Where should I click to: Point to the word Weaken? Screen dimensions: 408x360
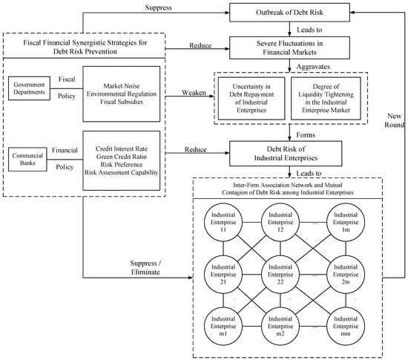[194, 92]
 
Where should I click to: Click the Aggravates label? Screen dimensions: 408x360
[313, 67]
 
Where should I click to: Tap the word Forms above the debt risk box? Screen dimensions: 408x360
[306, 135]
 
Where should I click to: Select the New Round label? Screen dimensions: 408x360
[395, 120]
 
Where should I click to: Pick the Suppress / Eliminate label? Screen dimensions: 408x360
[145, 268]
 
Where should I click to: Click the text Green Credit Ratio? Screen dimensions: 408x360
[121, 157]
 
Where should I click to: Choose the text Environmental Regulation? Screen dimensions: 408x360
[122, 94]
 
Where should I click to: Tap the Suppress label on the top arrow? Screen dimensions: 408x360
[159, 7]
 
